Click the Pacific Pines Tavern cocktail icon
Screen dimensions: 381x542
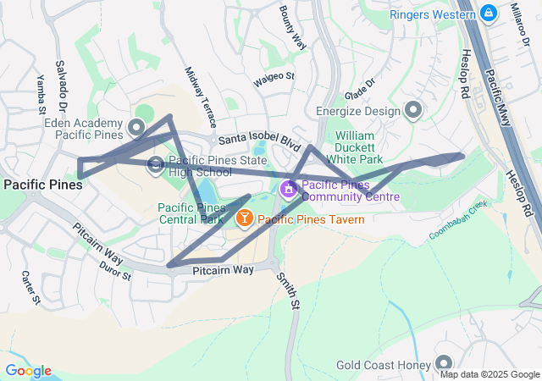point(244,220)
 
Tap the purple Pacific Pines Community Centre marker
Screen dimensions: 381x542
point(289,188)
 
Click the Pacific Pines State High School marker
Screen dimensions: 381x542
point(156,165)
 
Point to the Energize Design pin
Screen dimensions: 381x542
point(413,110)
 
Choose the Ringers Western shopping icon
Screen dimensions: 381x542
point(488,14)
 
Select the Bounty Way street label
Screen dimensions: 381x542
point(292,26)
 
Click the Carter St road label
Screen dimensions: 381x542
point(30,287)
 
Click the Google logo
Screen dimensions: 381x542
point(28,371)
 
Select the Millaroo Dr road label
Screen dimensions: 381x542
point(517,26)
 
